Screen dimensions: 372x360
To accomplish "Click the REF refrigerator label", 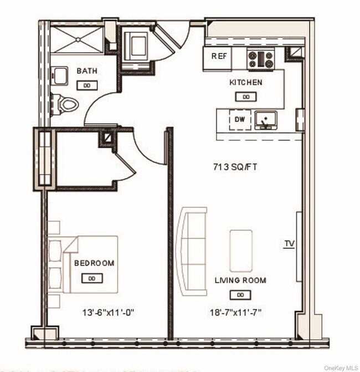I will [x=217, y=57].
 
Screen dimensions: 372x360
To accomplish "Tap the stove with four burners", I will [x=260, y=59].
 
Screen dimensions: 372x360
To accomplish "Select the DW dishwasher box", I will [x=239, y=119].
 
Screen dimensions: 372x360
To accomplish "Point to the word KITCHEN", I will [x=246, y=83].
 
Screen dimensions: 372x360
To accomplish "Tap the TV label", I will [x=289, y=243].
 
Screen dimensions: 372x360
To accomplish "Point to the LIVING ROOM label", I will [x=240, y=281].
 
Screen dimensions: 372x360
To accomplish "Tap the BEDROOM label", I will [x=94, y=263].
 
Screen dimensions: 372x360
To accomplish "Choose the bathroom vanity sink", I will [x=59, y=76].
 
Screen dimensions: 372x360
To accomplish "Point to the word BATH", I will [x=87, y=71].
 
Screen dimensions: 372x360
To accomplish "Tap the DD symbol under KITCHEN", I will [x=246, y=96].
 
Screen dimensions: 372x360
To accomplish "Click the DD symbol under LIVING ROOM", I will [x=240, y=294].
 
